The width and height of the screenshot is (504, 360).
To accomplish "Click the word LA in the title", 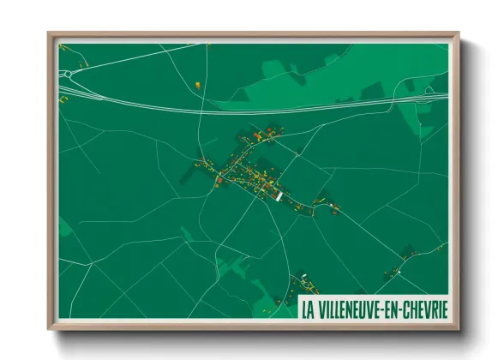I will click(308, 306).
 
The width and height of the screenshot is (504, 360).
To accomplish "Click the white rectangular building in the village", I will click(279, 196).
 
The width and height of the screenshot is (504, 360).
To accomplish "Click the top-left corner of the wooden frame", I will click(49, 34).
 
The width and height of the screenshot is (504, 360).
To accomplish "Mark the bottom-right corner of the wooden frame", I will click(459, 329).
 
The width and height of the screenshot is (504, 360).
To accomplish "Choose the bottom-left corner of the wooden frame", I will click(49, 329).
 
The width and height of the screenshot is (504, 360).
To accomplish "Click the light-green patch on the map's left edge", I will click(64, 227).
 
